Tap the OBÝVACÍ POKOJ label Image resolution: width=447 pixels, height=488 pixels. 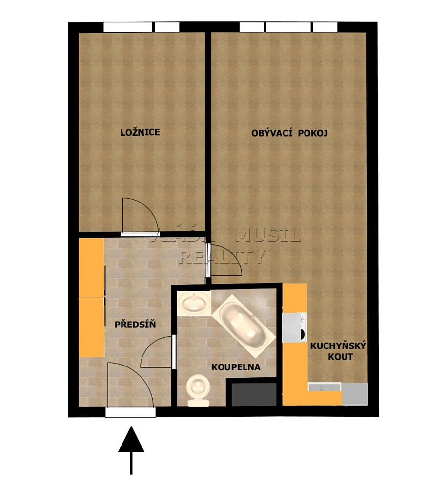(289, 133)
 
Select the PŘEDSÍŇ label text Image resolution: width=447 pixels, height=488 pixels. (135, 325)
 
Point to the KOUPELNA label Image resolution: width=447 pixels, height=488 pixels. (236, 367)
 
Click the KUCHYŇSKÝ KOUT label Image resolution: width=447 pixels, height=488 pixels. (338, 351)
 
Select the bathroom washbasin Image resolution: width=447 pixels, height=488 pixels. (194, 303)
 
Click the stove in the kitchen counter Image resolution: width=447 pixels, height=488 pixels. (294, 327)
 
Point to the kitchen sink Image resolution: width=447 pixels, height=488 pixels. (324, 387)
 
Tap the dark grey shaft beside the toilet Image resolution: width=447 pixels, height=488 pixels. (254, 394)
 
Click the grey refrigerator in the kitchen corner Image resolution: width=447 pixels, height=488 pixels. (355, 394)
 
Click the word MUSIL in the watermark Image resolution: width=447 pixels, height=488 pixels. (268, 235)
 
